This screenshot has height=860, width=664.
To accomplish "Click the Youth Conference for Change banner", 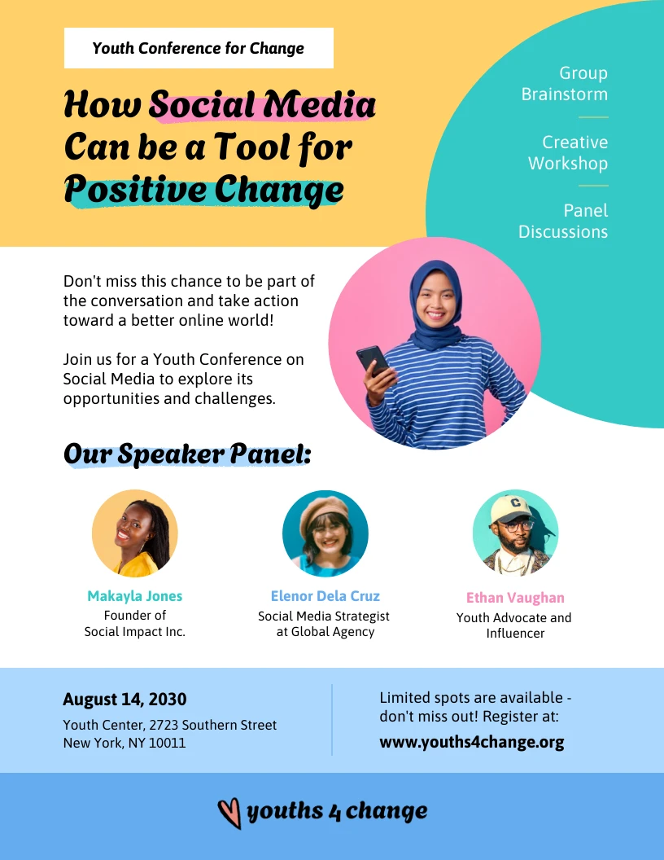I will [199, 48].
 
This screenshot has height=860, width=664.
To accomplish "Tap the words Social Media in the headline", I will [263, 105].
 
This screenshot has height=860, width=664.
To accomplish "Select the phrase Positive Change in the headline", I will [203, 190].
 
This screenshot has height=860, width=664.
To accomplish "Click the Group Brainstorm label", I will [565, 84].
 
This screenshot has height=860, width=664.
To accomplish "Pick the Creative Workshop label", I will [568, 153].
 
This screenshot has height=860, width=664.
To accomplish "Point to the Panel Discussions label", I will [563, 222].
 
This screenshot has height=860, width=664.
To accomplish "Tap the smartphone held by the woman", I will [373, 359].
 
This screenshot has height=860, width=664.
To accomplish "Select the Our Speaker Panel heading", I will [187, 454].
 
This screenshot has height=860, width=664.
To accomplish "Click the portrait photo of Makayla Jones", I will [134, 533].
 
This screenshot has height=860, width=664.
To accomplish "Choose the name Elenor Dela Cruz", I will [325, 596].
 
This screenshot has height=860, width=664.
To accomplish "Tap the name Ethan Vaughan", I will [515, 598].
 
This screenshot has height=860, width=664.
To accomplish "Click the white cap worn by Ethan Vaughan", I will [509, 508].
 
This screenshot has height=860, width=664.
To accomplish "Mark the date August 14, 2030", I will [124, 700].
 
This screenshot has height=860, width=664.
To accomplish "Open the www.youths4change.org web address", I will [471, 743].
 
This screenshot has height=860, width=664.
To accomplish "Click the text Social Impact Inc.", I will [135, 632].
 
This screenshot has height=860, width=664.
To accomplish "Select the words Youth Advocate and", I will [514, 618].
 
